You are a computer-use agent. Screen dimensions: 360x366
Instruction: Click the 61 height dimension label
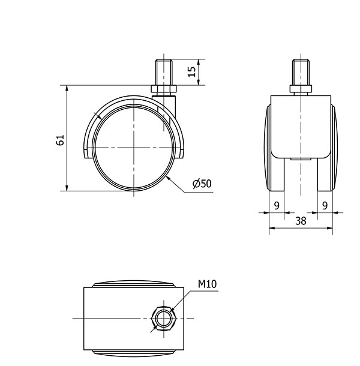60,140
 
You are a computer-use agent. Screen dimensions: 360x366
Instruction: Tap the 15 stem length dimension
191,71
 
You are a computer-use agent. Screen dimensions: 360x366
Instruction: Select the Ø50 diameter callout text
202,184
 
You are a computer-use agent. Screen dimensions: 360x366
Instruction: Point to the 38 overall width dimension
301,221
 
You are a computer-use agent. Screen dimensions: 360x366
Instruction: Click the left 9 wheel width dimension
277,206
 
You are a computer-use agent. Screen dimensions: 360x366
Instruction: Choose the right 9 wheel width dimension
325,206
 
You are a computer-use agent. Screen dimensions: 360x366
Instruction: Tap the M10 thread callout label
208,284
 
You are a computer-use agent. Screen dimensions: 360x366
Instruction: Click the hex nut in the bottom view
164,319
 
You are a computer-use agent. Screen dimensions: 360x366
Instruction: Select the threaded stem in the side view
164,73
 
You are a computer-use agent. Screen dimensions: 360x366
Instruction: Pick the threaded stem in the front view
301,73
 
